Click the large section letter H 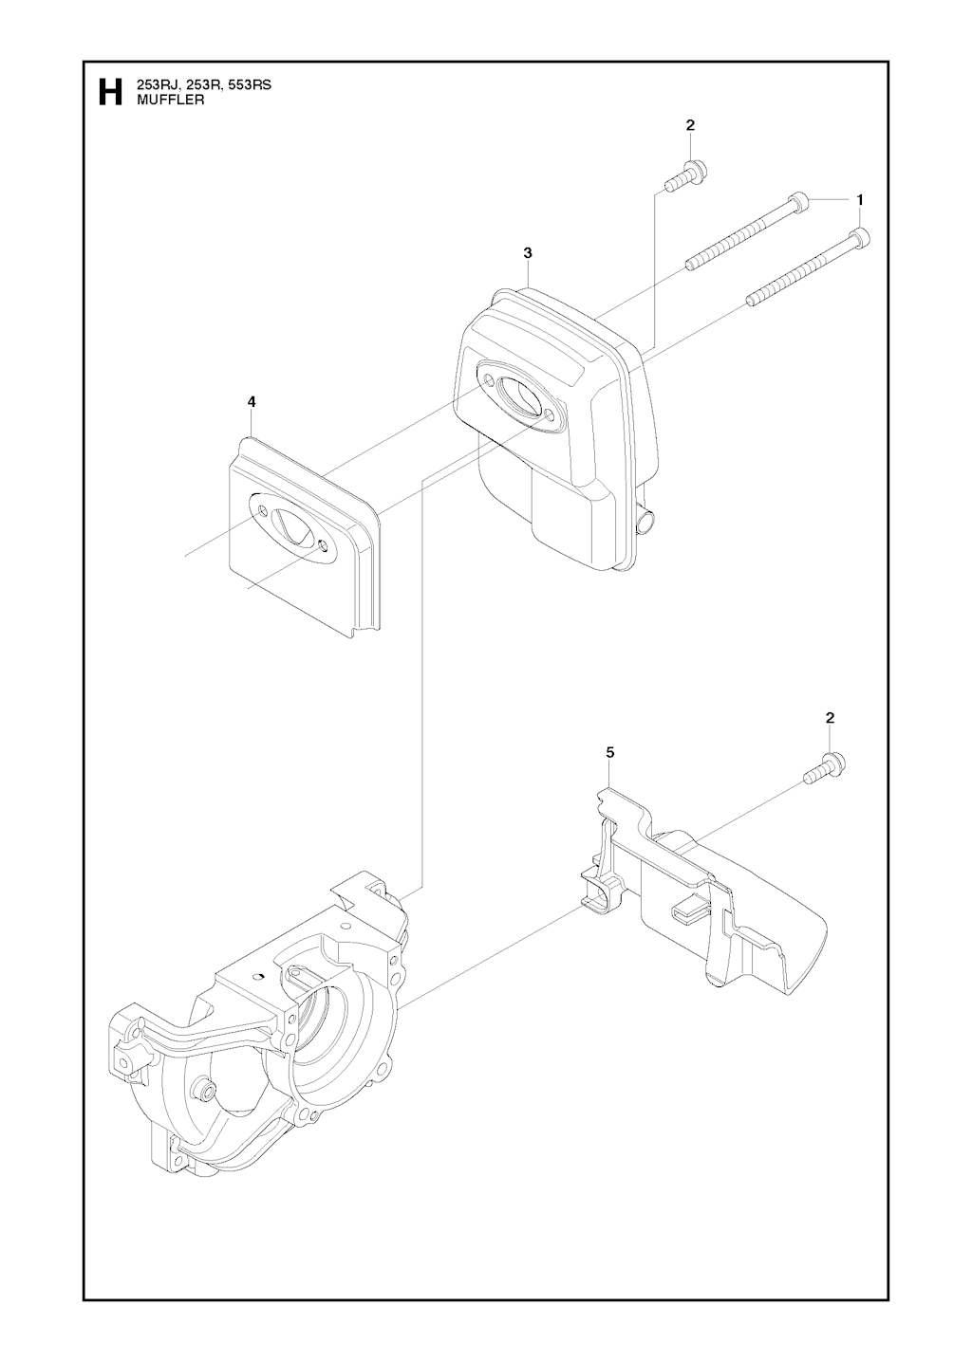click(x=111, y=92)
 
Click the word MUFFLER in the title click(x=171, y=101)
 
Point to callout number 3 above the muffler click(x=528, y=253)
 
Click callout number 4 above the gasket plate click(x=252, y=401)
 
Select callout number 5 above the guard click(x=610, y=753)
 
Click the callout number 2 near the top click(x=690, y=125)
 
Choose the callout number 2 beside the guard click(x=830, y=718)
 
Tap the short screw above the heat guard click(x=826, y=768)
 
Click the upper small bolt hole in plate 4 click(x=262, y=508)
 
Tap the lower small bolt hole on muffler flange click(x=550, y=414)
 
